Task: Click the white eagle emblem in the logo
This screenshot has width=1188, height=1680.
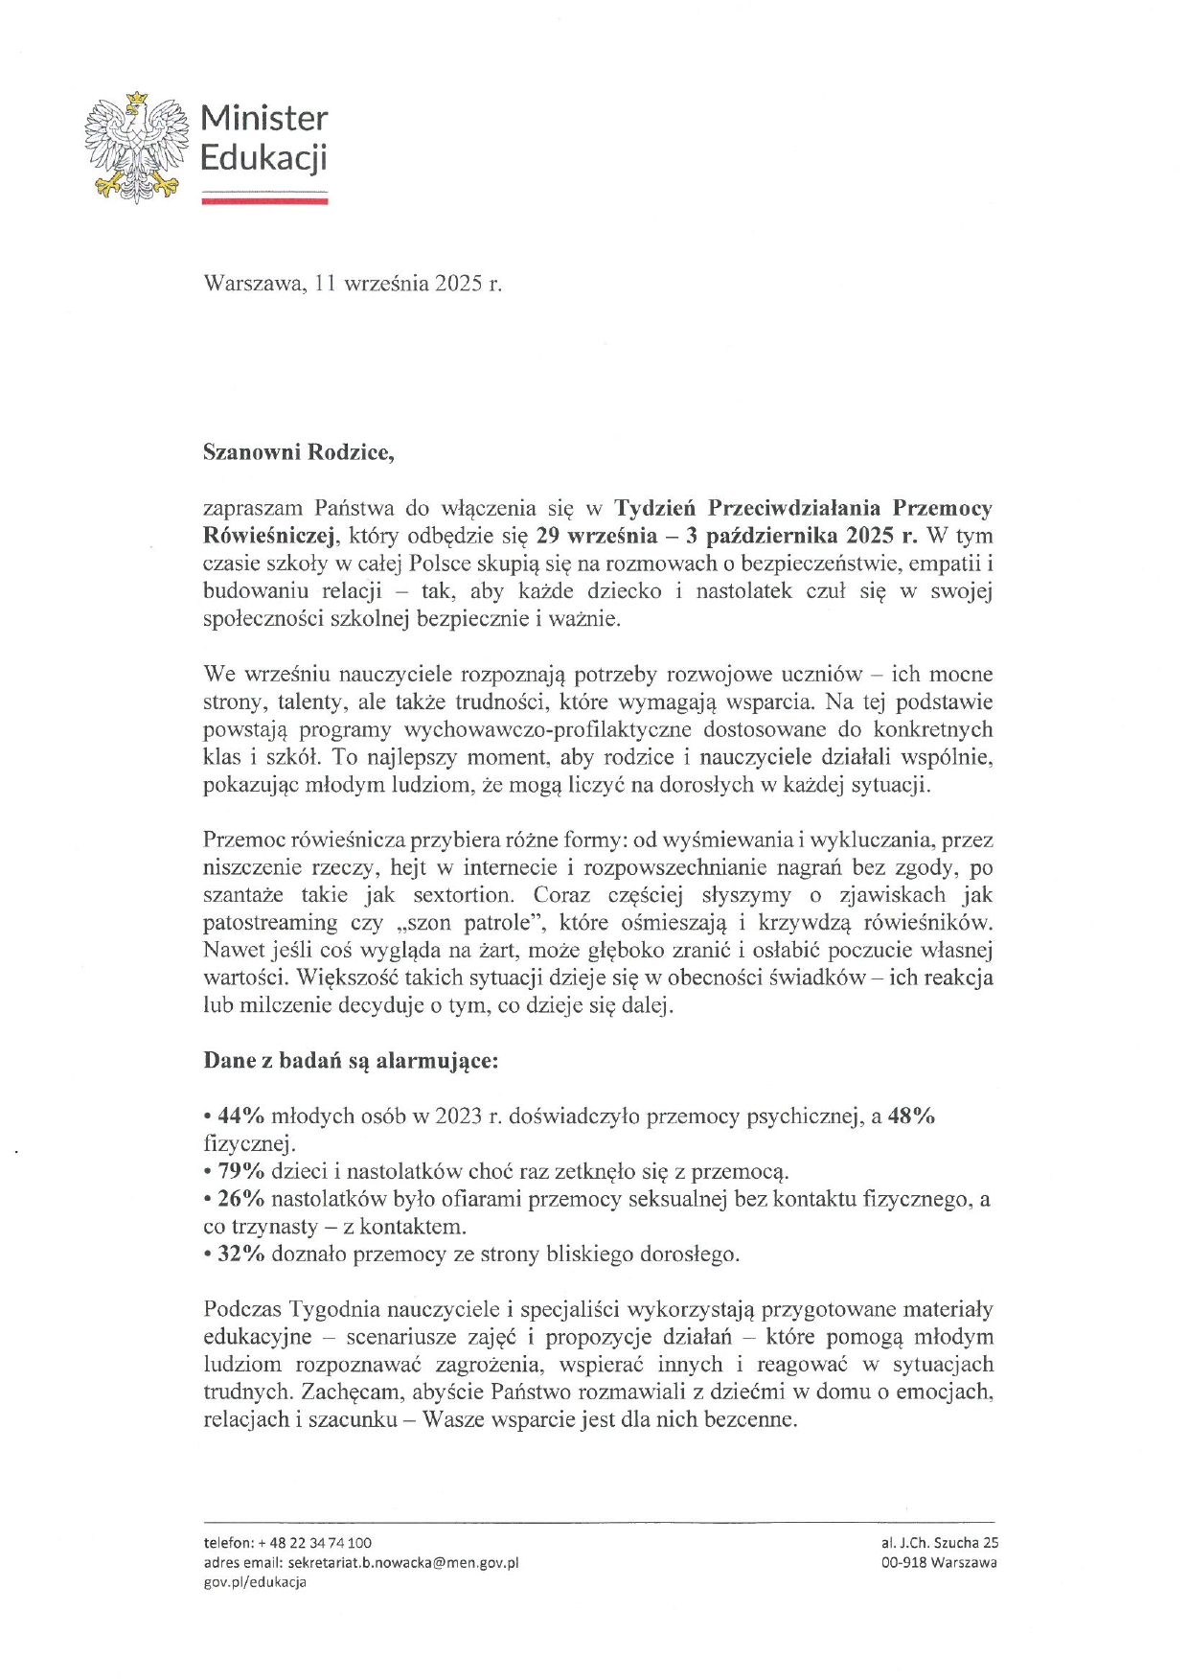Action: click(135, 147)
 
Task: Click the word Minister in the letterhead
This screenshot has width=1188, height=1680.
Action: click(263, 119)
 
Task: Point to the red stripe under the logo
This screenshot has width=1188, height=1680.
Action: click(264, 201)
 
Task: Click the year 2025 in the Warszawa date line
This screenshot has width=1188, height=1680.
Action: click(459, 284)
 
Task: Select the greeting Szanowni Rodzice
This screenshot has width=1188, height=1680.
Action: click(298, 452)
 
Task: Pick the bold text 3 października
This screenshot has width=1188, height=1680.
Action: click(765, 535)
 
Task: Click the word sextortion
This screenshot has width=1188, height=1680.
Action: click(463, 895)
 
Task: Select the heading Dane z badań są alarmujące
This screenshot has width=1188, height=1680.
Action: click(351, 1061)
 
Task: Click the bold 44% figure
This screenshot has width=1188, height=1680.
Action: click(240, 1116)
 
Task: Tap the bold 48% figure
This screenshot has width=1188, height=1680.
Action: click(911, 1116)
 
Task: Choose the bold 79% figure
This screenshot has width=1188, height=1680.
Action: click(240, 1171)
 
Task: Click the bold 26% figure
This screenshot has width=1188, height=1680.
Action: click(240, 1199)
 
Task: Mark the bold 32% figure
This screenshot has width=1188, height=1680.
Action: click(240, 1254)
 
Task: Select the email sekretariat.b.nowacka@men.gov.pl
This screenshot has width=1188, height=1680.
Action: click(402, 1562)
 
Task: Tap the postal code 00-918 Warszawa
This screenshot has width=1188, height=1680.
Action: click(939, 1562)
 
